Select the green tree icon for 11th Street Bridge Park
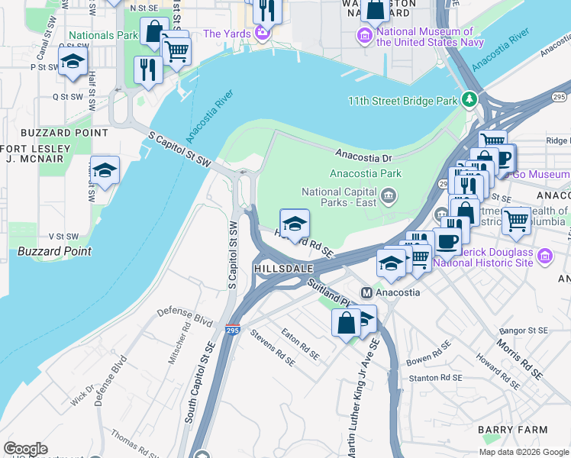[472, 100]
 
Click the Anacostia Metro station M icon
[367, 292]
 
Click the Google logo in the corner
[25, 449]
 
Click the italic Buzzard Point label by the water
[55, 251]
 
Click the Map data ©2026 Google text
[523, 452]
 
